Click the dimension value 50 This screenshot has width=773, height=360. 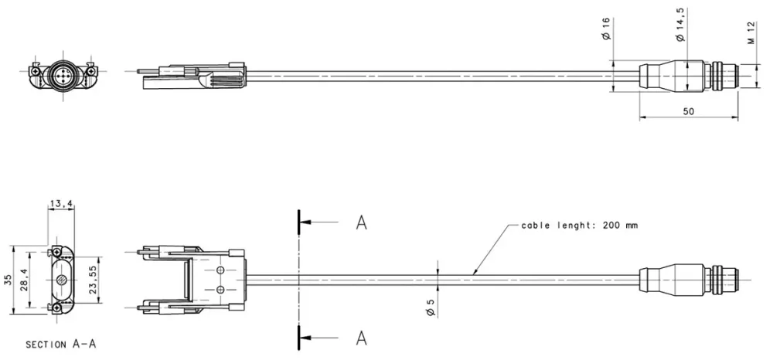[688, 111]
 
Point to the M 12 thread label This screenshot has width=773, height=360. [751, 32]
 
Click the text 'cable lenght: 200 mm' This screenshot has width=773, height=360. [579, 226]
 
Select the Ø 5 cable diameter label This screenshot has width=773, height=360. [431, 306]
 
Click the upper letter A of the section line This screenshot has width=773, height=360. [361, 223]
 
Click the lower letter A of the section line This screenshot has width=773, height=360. [361, 338]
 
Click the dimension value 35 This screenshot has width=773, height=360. [7, 279]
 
